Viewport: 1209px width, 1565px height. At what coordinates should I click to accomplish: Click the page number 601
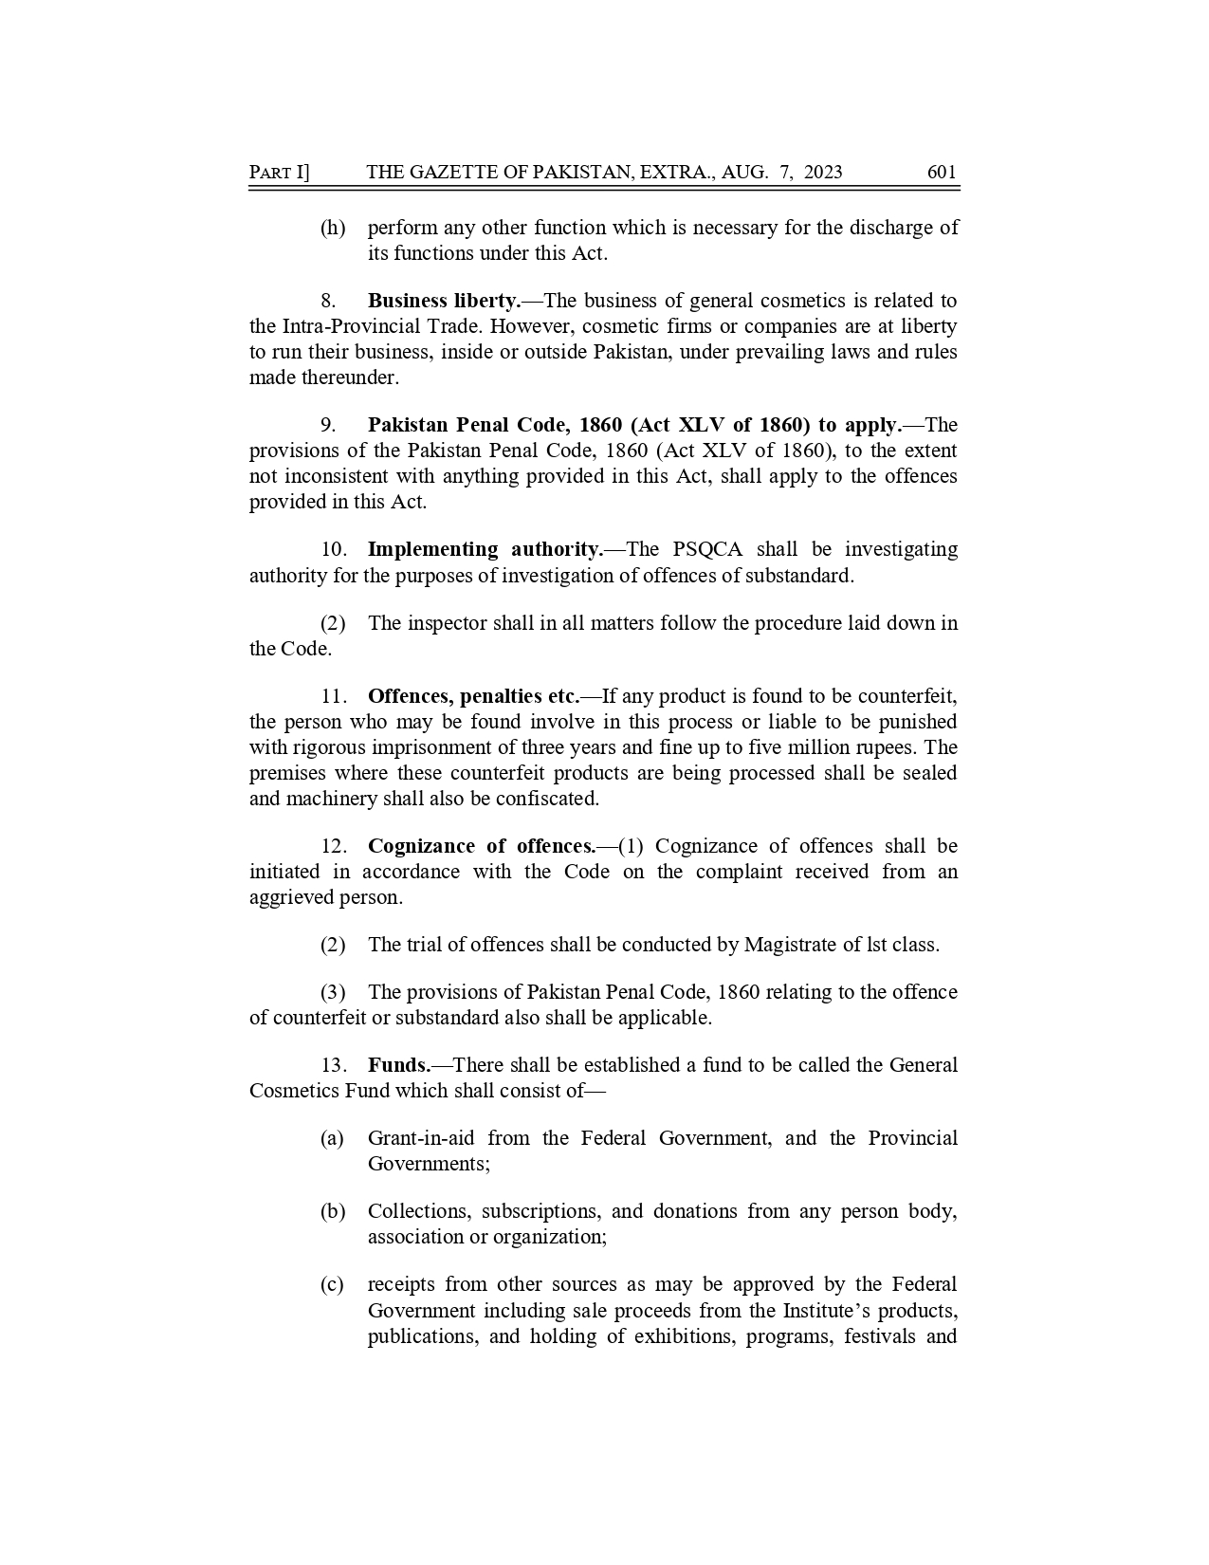[942, 172]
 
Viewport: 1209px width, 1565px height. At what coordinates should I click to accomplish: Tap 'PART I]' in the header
[279, 172]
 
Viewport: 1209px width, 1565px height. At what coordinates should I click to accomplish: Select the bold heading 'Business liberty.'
[444, 301]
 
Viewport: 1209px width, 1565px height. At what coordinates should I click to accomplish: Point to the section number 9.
[329, 425]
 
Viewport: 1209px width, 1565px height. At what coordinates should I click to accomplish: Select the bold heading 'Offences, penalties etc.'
[473, 696]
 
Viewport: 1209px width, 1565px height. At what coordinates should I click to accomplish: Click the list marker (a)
[332, 1138]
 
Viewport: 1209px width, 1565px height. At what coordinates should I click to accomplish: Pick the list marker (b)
[332, 1211]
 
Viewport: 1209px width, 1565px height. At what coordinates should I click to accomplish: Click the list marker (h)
[333, 228]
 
